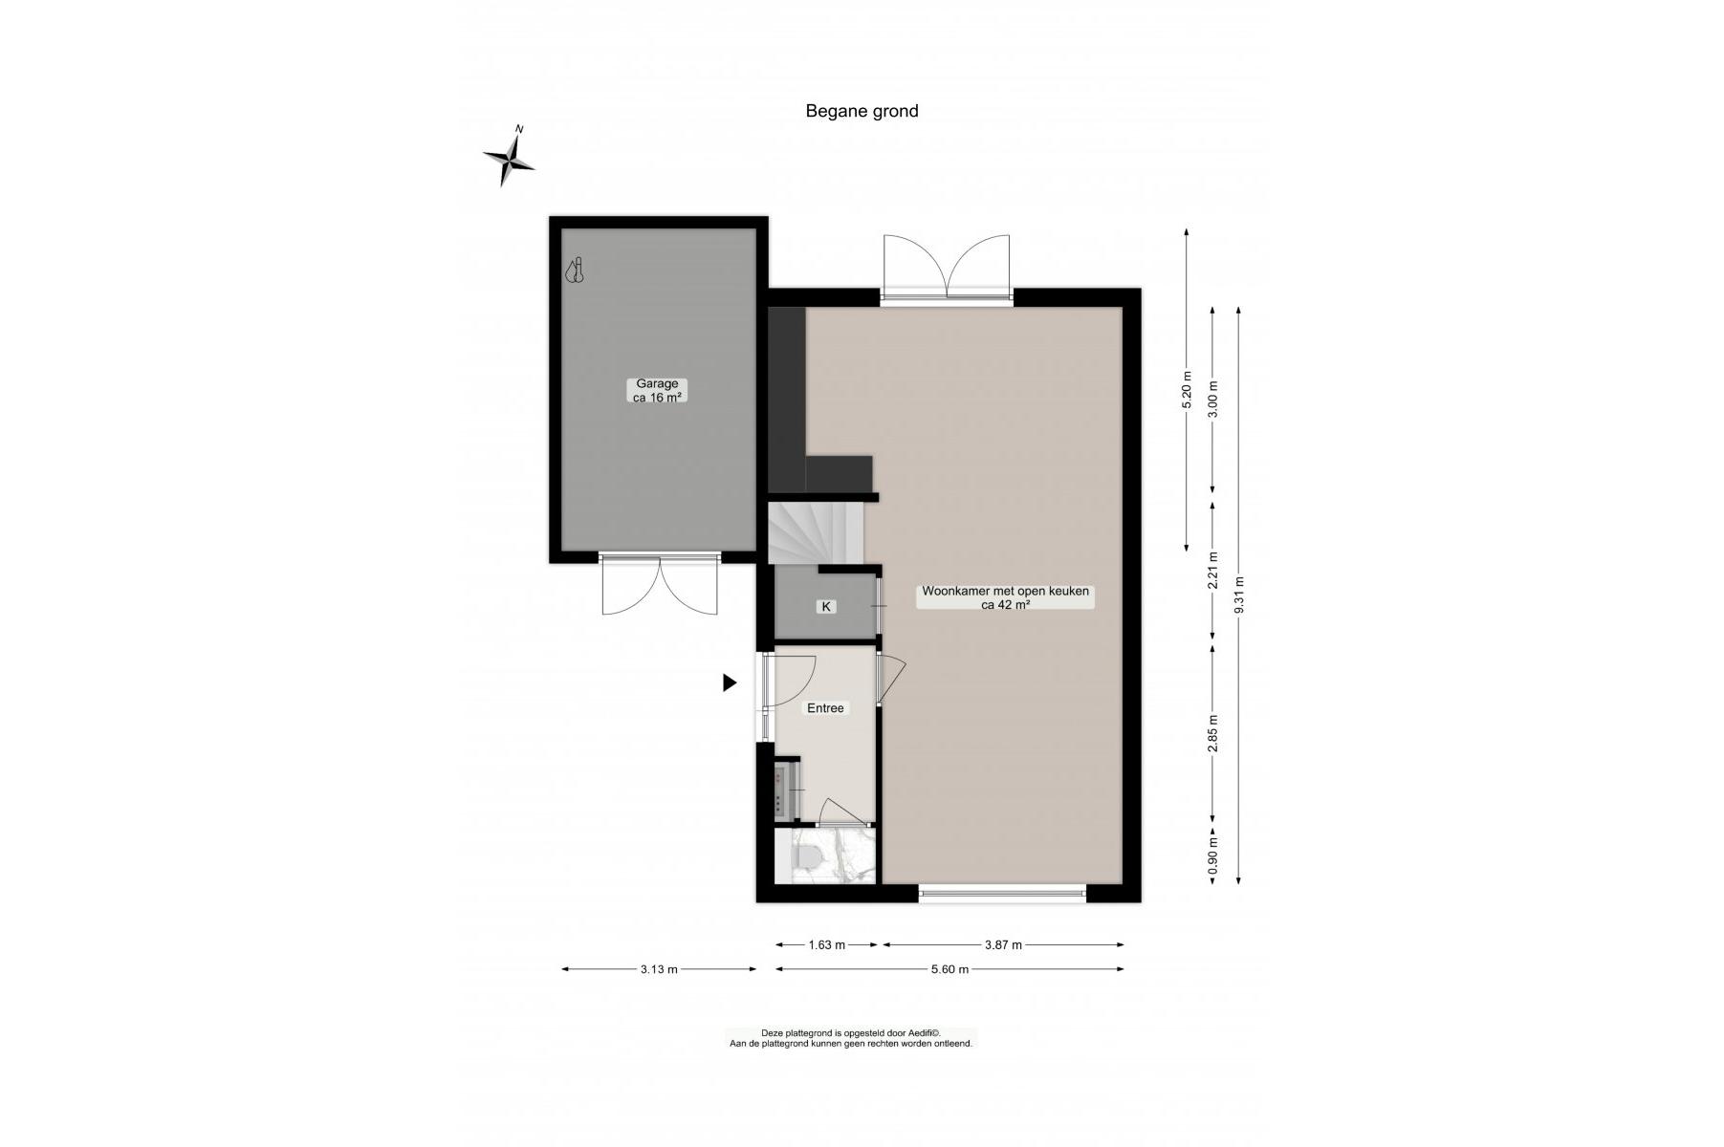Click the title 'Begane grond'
point(862,111)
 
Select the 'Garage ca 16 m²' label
point(657,391)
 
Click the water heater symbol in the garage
point(575,271)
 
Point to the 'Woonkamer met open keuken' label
point(1005,591)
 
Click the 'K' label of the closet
point(826,607)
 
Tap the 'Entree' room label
point(826,708)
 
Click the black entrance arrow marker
point(730,682)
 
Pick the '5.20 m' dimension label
point(1187,390)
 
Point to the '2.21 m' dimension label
point(1213,571)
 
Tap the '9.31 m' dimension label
point(1239,595)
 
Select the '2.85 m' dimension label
point(1213,733)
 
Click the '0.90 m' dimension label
point(1213,857)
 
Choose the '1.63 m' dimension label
point(827,945)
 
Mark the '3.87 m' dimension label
point(1004,945)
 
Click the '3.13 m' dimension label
point(659,969)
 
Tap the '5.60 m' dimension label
point(950,969)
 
